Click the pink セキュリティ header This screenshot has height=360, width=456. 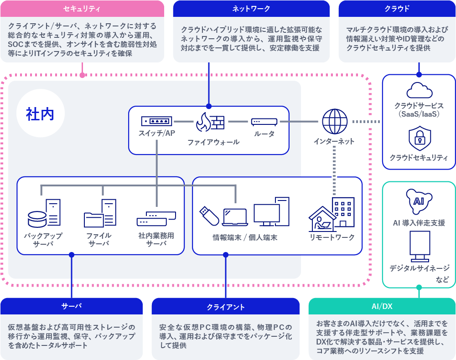pos(82,9)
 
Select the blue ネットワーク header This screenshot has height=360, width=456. pos(251,9)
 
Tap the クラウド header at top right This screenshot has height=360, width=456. pos(397,9)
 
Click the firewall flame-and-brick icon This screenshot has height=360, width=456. pos(210,122)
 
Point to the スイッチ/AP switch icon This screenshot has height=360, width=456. pos(156,121)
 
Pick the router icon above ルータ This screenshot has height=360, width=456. pos(264,122)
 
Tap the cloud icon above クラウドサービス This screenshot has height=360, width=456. pos(419,90)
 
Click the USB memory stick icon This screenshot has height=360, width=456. pos(209,215)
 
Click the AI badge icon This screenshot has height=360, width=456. pos(419,201)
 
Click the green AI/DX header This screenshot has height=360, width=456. pos(382,306)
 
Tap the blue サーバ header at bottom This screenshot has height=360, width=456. pos(72,306)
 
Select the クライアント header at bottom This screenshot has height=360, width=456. pos(225,307)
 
